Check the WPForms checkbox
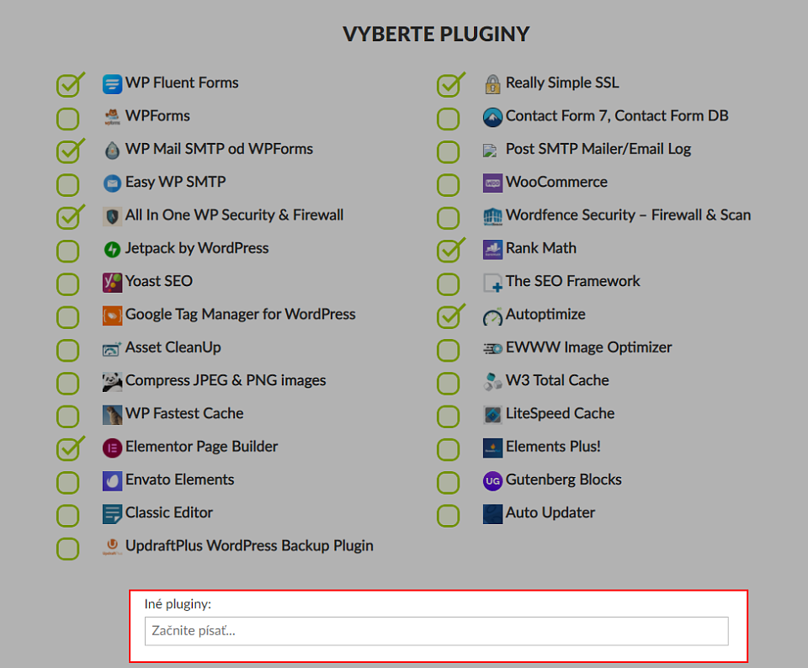point(67,119)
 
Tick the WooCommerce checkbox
point(448,185)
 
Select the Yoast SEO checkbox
point(67,284)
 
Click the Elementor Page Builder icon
point(112,448)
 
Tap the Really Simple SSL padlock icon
point(492,84)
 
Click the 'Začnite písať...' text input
point(437,631)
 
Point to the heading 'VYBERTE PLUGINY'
point(436,34)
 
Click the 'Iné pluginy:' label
point(178,603)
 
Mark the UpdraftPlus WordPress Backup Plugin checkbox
point(67,549)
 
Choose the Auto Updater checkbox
point(448,516)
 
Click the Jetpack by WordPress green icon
point(112,249)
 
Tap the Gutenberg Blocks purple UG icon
point(492,480)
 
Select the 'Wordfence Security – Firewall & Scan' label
point(628,215)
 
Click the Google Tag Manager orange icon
point(112,315)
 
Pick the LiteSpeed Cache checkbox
point(448,416)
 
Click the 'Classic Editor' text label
point(169,512)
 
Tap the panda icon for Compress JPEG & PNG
point(112,382)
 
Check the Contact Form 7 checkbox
point(448,119)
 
